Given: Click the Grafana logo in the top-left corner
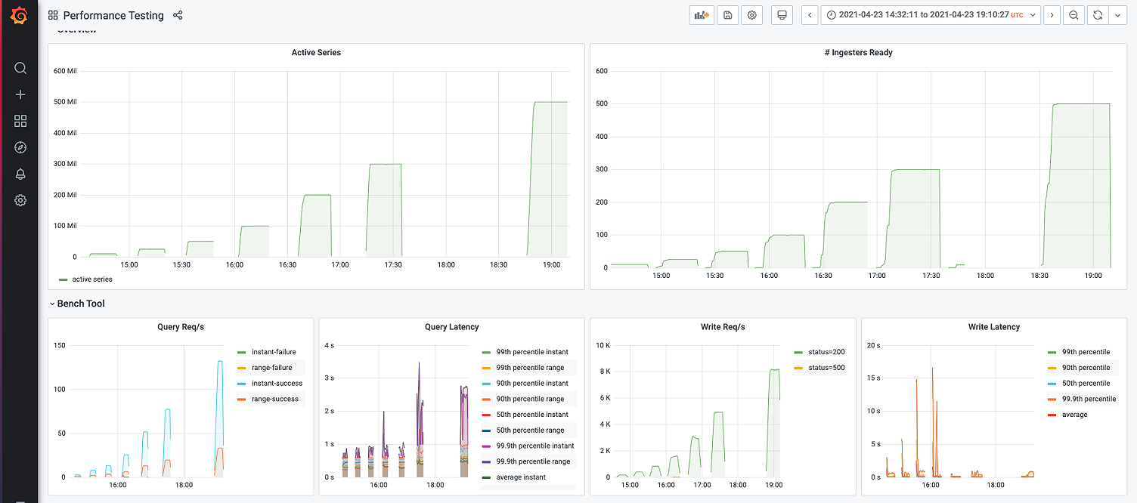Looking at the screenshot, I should [20, 16].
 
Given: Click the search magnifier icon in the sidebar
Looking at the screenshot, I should [20, 68].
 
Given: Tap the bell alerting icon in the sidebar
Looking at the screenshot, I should [20, 174].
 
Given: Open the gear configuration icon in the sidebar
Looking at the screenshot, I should [20, 200].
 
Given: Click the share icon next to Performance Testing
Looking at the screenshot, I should [178, 15].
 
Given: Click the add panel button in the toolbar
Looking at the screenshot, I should [702, 15].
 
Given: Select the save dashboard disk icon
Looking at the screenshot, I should [727, 15].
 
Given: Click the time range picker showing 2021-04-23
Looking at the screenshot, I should [931, 15].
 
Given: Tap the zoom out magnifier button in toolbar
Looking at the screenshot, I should [1073, 15].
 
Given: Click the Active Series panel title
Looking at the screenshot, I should [316, 53].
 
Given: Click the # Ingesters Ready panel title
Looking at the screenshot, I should [858, 53].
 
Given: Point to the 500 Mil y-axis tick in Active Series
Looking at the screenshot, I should [65, 102].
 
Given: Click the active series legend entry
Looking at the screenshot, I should [91, 279].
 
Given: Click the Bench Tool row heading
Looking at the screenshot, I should [81, 304].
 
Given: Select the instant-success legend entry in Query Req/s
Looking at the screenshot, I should [276, 384].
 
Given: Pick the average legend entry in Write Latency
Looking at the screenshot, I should [1074, 415].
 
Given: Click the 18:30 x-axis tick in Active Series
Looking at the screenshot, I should [498, 265].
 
